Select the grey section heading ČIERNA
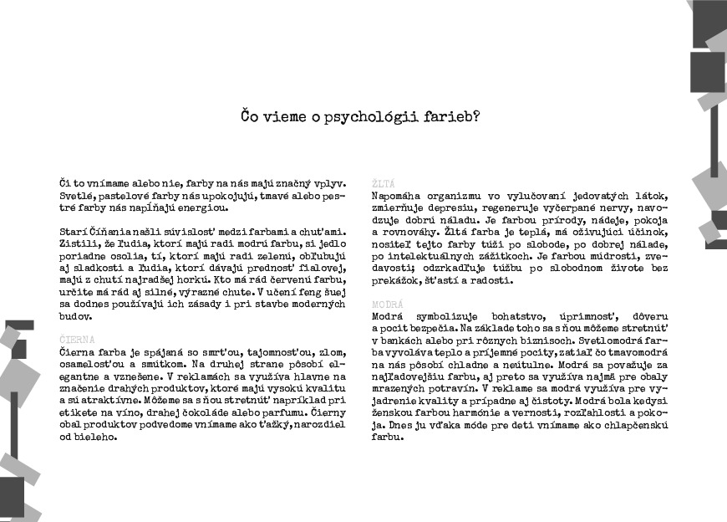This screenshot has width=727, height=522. [x=77, y=340]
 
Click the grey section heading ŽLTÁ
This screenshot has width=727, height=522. [x=384, y=182]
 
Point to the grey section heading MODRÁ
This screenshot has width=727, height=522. [x=388, y=304]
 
